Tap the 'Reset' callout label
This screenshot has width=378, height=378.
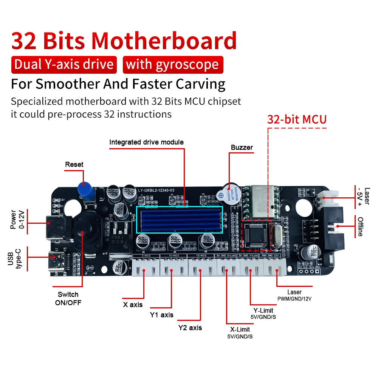coord(74,164)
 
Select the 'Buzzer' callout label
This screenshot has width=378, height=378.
coord(242,147)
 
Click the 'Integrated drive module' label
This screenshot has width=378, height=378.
coord(146,143)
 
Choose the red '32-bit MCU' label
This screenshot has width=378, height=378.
coord(297,119)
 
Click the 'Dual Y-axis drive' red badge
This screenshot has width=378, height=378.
coord(64,64)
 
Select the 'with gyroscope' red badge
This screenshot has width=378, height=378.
coord(173,64)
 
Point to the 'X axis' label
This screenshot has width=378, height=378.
coord(133,304)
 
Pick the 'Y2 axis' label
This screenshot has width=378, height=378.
coord(190,328)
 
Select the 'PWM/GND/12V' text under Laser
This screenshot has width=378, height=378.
coord(294,299)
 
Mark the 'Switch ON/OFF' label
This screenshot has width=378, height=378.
coord(68,298)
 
